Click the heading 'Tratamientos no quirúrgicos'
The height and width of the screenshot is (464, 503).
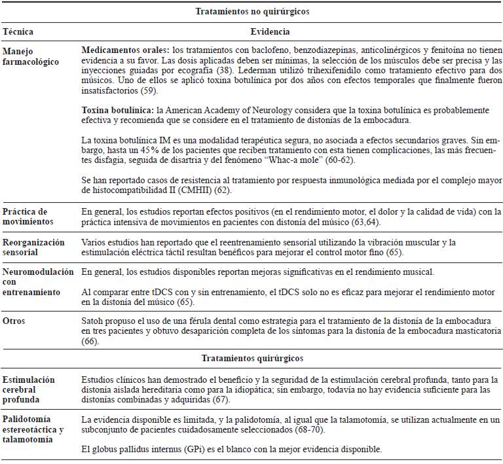pos(252,12)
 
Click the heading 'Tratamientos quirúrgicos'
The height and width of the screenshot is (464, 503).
pos(252,358)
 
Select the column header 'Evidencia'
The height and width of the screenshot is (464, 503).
pos(270,31)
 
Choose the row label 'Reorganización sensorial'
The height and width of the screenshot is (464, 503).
pos(33,247)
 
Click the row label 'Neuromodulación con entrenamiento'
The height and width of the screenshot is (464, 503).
pos(37,281)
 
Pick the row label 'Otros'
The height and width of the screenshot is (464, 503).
pos(14,322)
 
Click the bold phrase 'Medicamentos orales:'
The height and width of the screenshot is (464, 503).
pos(124,50)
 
